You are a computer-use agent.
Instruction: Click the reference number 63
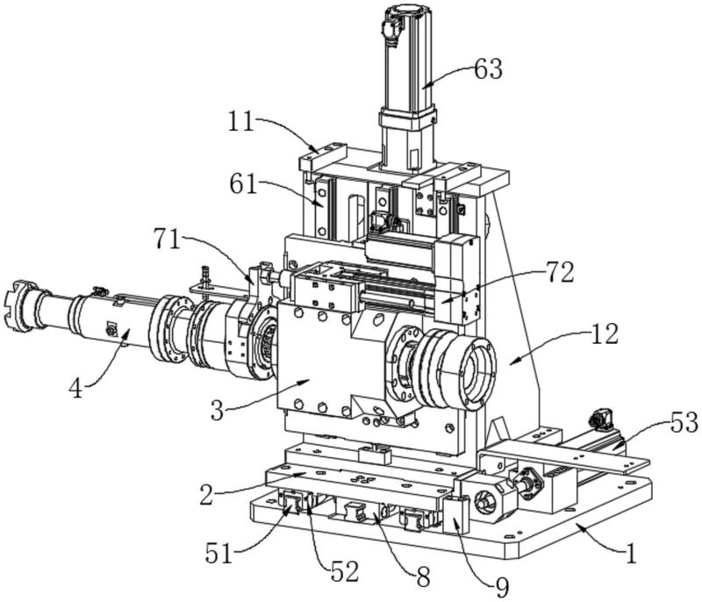[x=488, y=70]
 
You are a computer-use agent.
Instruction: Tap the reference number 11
[x=242, y=121]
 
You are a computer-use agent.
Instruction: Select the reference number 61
[x=244, y=184]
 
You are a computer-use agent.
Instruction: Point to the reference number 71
[x=167, y=239]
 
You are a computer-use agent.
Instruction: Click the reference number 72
[x=560, y=272]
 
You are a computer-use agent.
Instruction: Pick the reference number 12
[x=605, y=333]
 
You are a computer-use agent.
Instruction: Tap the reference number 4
[x=76, y=388]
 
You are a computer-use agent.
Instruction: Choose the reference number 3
[x=217, y=410]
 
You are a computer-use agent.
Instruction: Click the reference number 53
[x=684, y=422]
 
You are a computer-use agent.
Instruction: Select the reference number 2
[x=206, y=495]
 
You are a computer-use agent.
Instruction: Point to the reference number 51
[x=219, y=553]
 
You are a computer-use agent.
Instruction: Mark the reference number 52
[x=345, y=571]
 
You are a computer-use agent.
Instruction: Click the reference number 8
[x=424, y=577]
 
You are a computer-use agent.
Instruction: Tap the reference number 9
[x=502, y=588]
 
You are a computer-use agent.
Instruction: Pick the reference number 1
[x=631, y=553]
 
